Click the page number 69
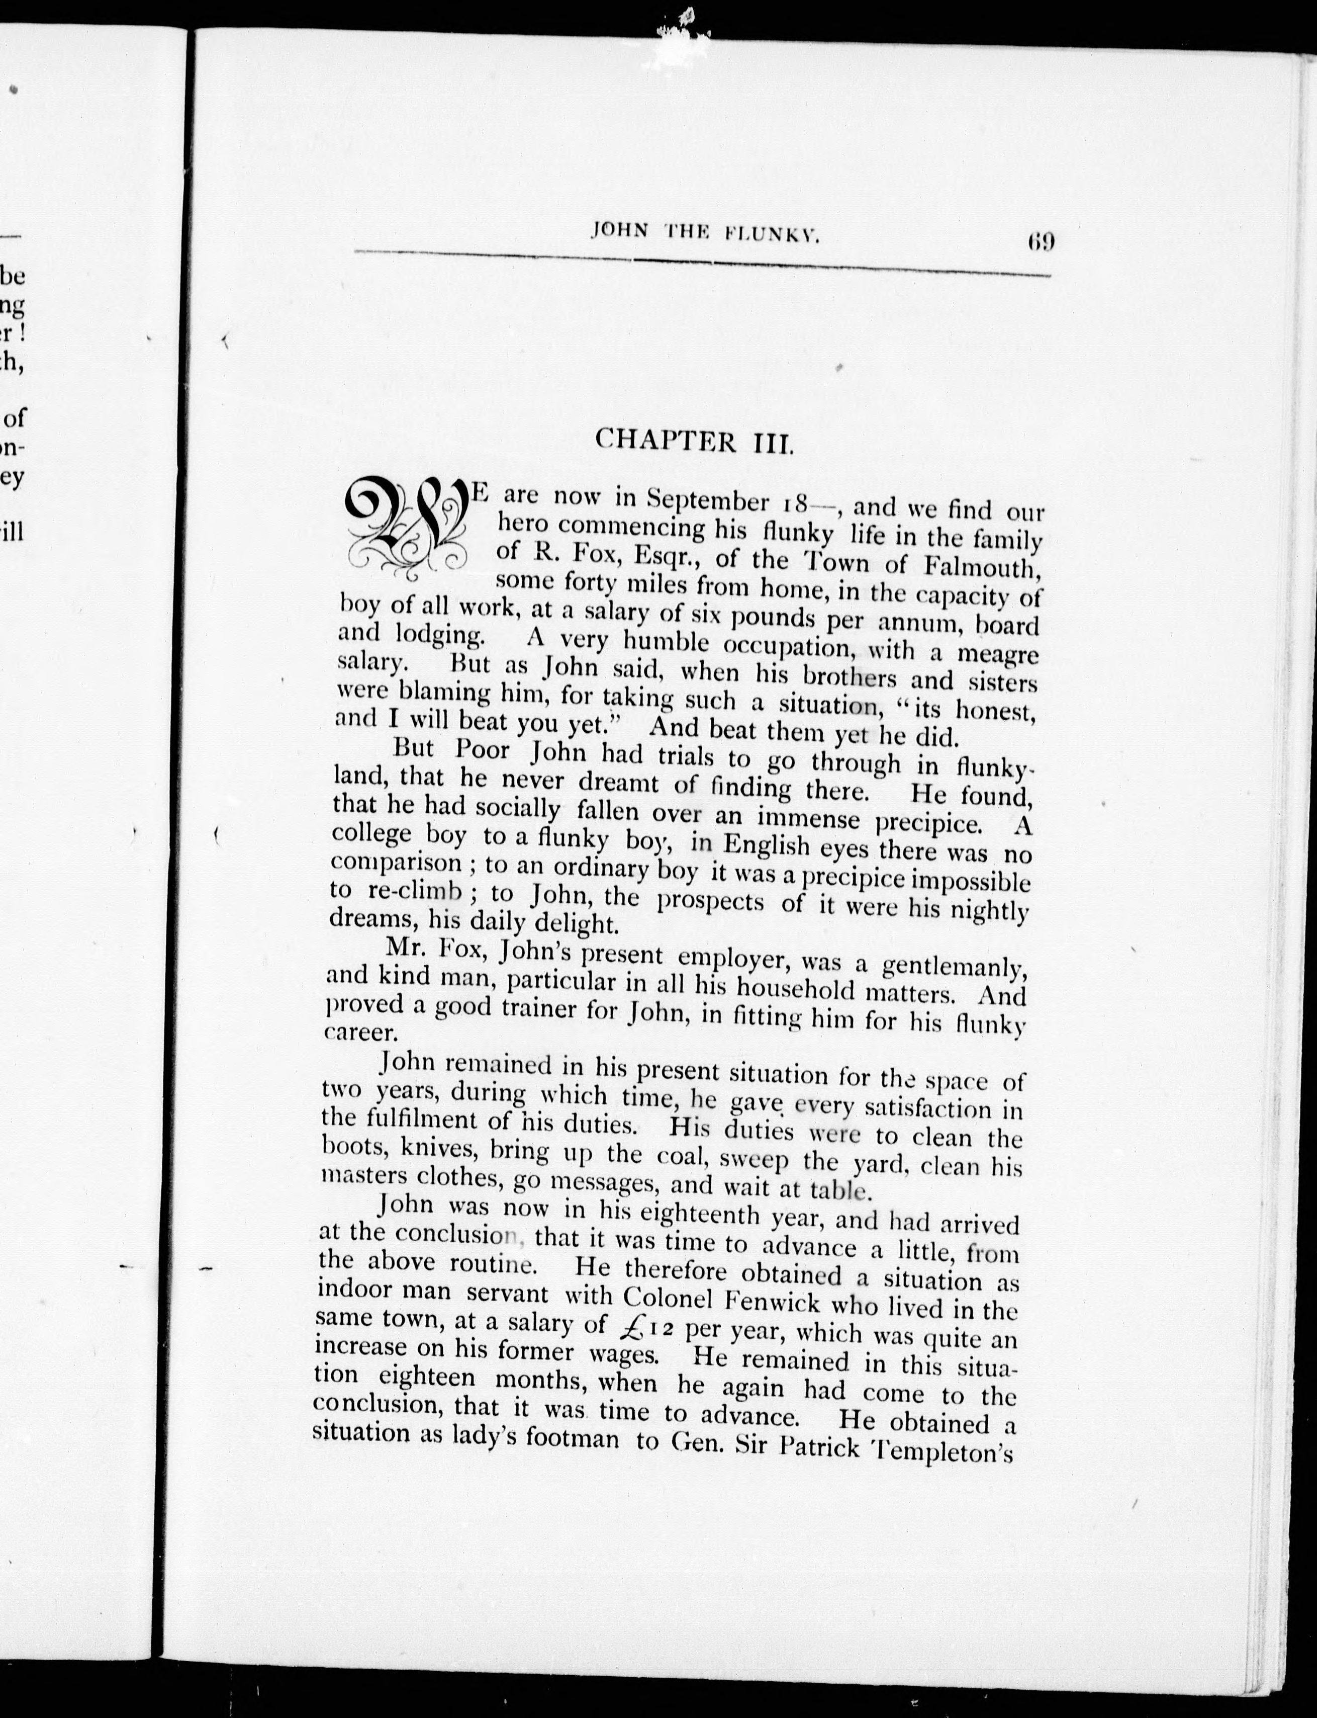[x=1040, y=240]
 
